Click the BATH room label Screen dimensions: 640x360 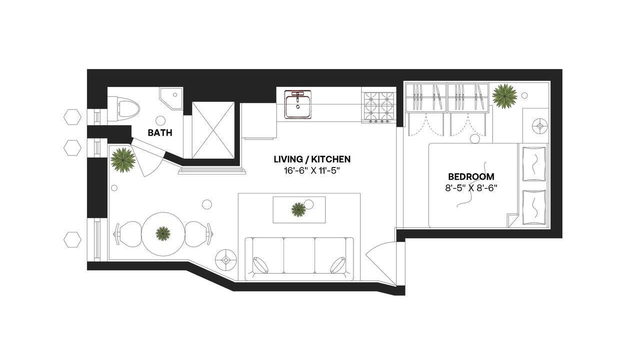point(160,133)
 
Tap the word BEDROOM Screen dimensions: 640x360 point(471,177)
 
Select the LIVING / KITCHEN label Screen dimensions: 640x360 point(312,159)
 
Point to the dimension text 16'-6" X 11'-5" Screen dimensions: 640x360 point(312,171)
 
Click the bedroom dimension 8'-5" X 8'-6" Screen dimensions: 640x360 point(471,189)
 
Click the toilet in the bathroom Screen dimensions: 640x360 point(123,108)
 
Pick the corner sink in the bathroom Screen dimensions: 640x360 point(171,99)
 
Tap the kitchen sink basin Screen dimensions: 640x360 point(298,104)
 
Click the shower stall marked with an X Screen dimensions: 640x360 point(213,130)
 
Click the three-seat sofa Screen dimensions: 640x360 point(299,258)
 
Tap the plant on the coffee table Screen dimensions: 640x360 point(299,209)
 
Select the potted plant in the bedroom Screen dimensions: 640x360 point(504,96)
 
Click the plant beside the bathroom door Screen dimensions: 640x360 point(123,160)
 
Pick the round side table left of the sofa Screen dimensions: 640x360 point(226,259)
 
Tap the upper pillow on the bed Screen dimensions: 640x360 point(534,163)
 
